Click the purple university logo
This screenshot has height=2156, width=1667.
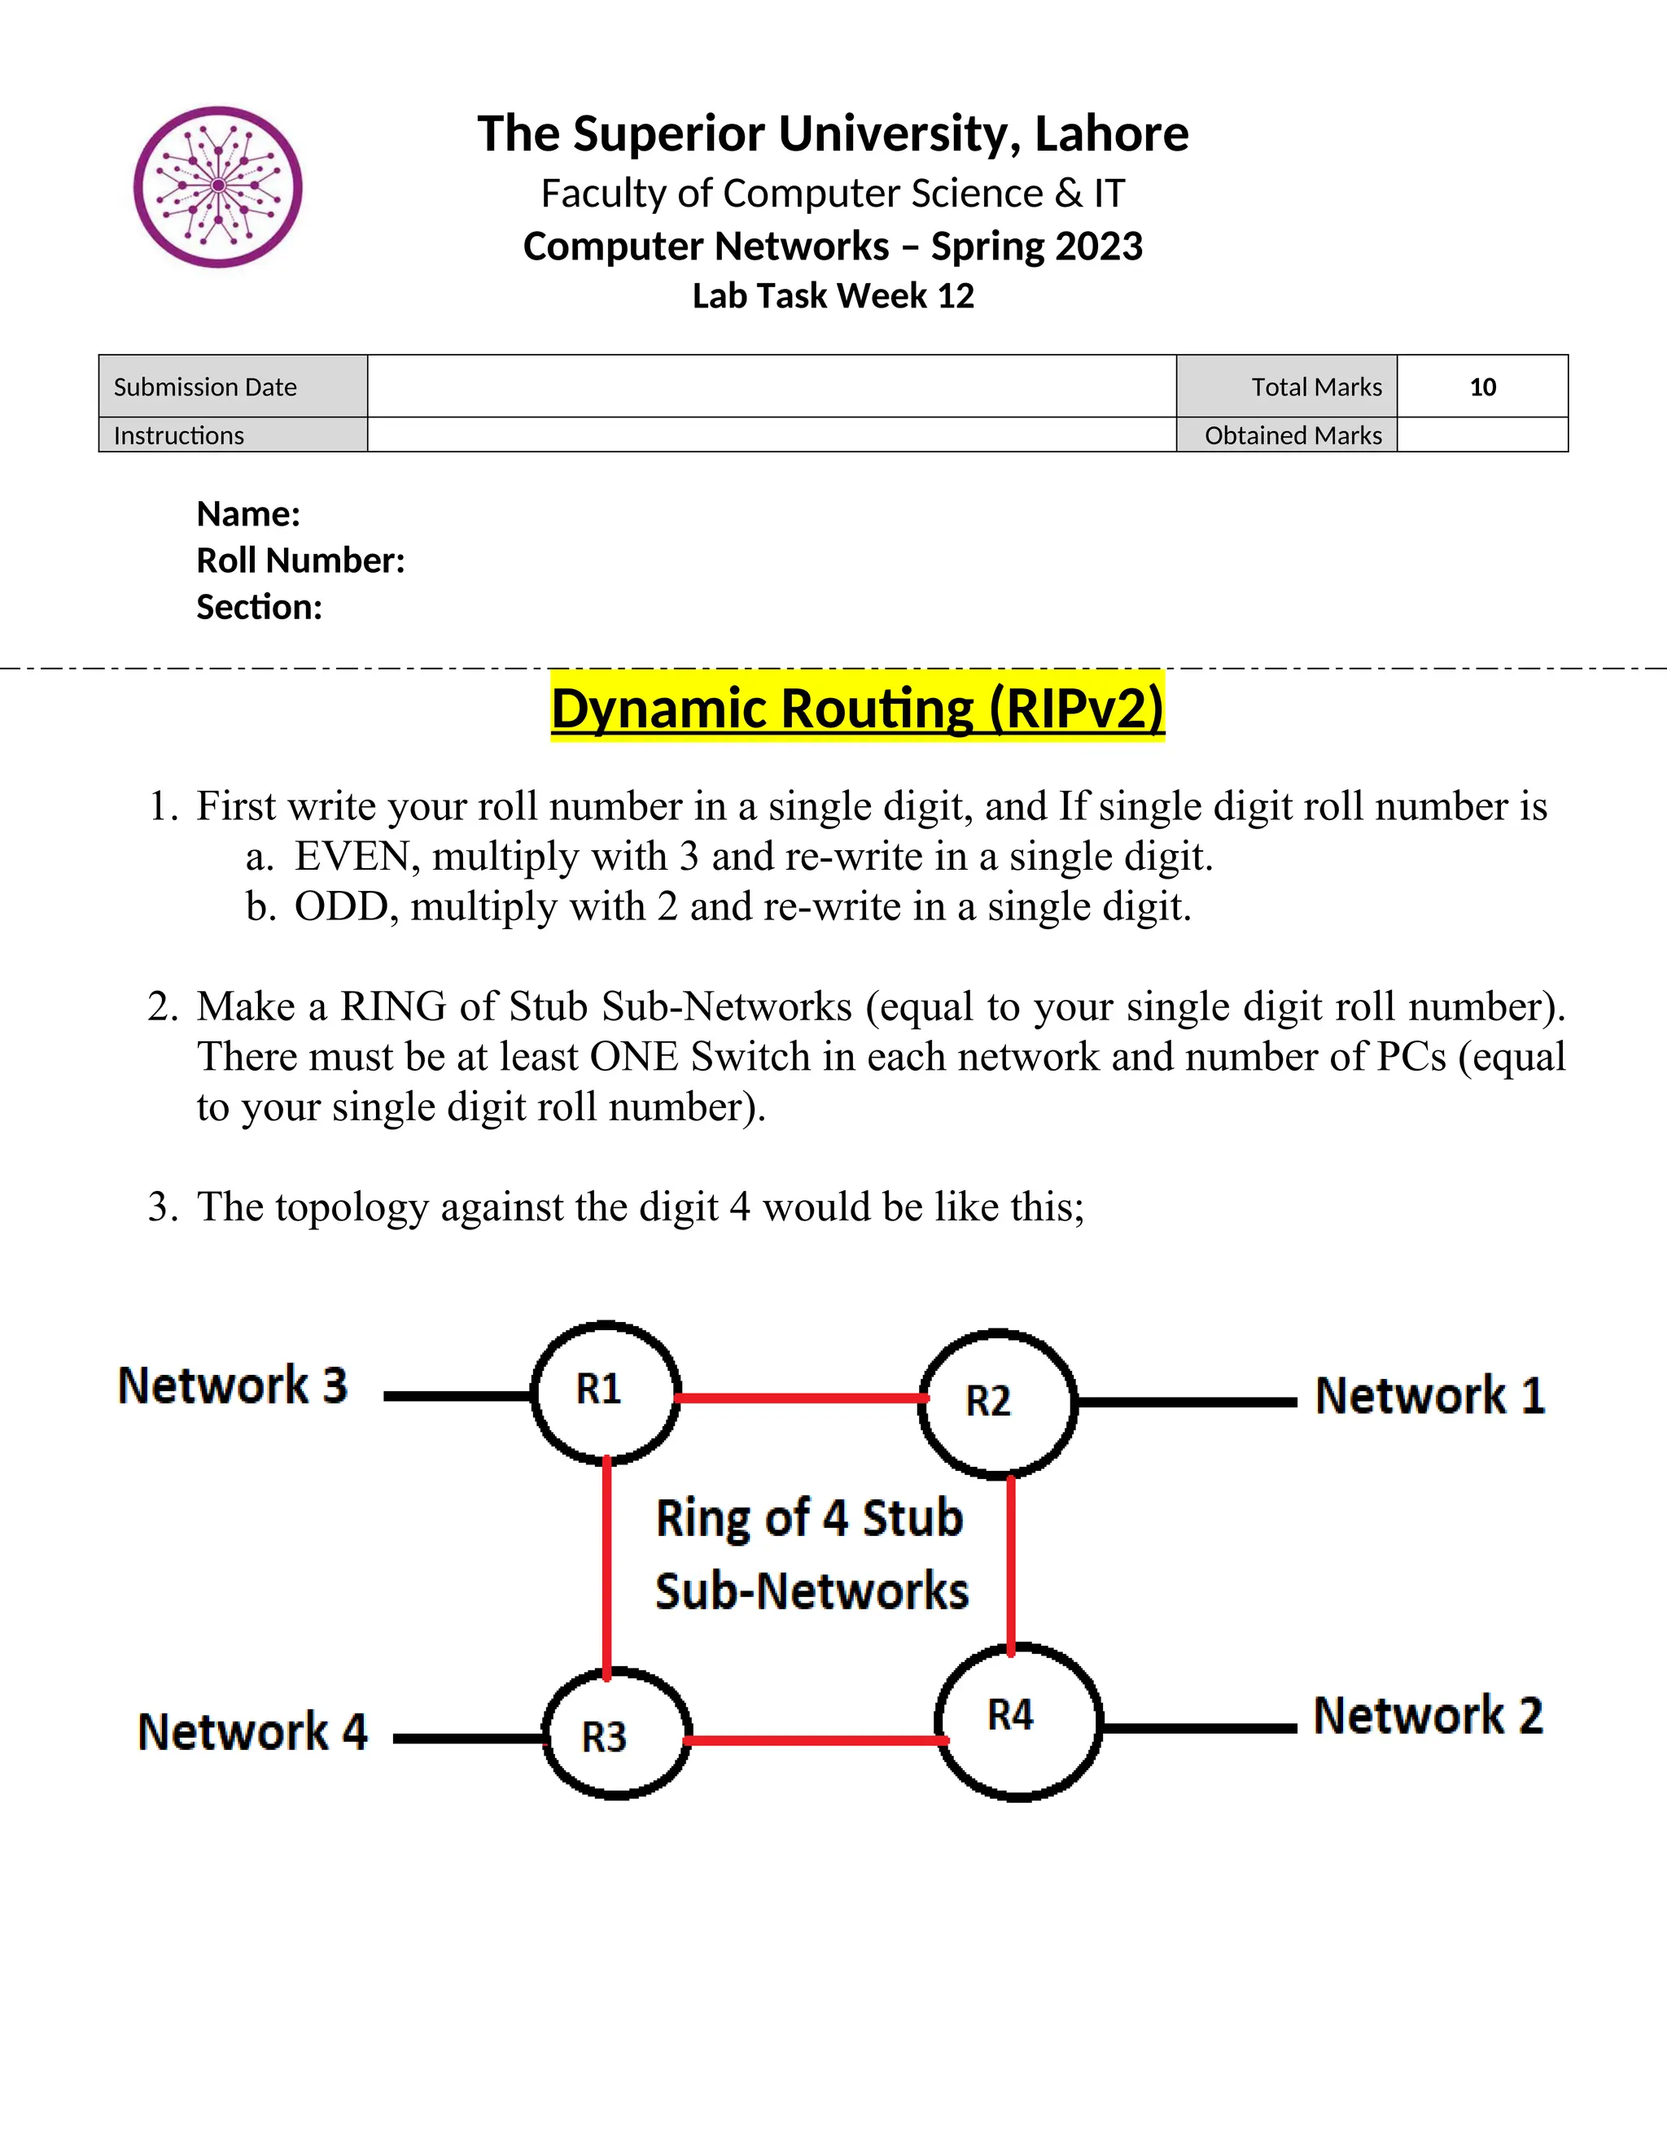[x=217, y=186]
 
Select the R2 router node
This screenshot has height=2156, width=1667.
[x=996, y=1402]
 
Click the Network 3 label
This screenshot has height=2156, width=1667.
[x=233, y=1385]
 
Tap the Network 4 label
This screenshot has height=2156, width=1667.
[x=253, y=1731]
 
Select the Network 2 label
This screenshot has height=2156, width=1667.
[x=1427, y=1716]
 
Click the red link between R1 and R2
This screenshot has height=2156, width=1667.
[x=800, y=1398]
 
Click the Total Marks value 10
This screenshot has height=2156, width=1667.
[x=1481, y=387]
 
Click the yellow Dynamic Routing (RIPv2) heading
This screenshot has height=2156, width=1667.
[x=857, y=708]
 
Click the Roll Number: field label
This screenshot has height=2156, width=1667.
[x=300, y=561]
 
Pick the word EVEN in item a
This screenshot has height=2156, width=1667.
[x=352, y=856]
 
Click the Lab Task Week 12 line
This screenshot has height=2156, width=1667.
[x=833, y=296]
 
